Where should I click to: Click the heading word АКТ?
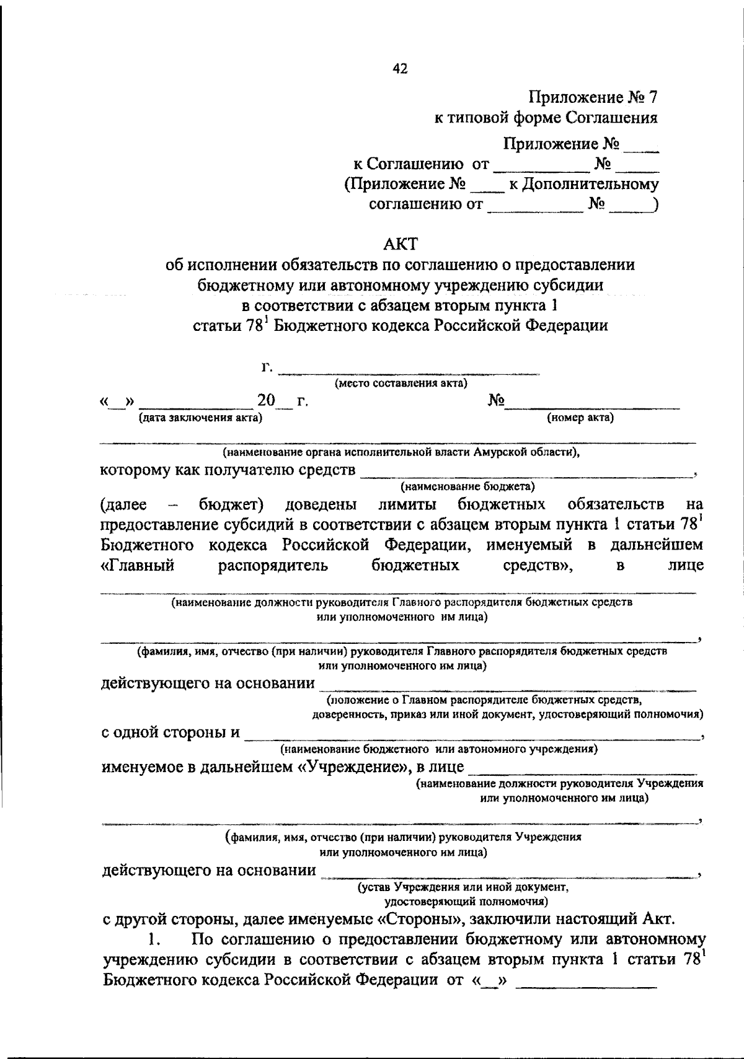tap(400, 244)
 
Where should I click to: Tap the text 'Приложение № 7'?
tap(592, 97)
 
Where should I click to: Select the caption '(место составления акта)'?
tap(401, 384)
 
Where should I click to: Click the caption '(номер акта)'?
tap(580, 418)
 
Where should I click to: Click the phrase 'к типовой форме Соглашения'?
tap(546, 117)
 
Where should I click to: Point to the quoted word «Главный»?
tap(138, 565)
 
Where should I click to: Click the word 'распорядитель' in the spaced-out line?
tap(273, 565)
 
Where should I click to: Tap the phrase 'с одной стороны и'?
tap(170, 732)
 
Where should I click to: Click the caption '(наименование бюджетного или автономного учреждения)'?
tap(439, 749)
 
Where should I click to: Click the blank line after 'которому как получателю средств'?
tap(527, 473)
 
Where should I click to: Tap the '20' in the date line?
tap(266, 401)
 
